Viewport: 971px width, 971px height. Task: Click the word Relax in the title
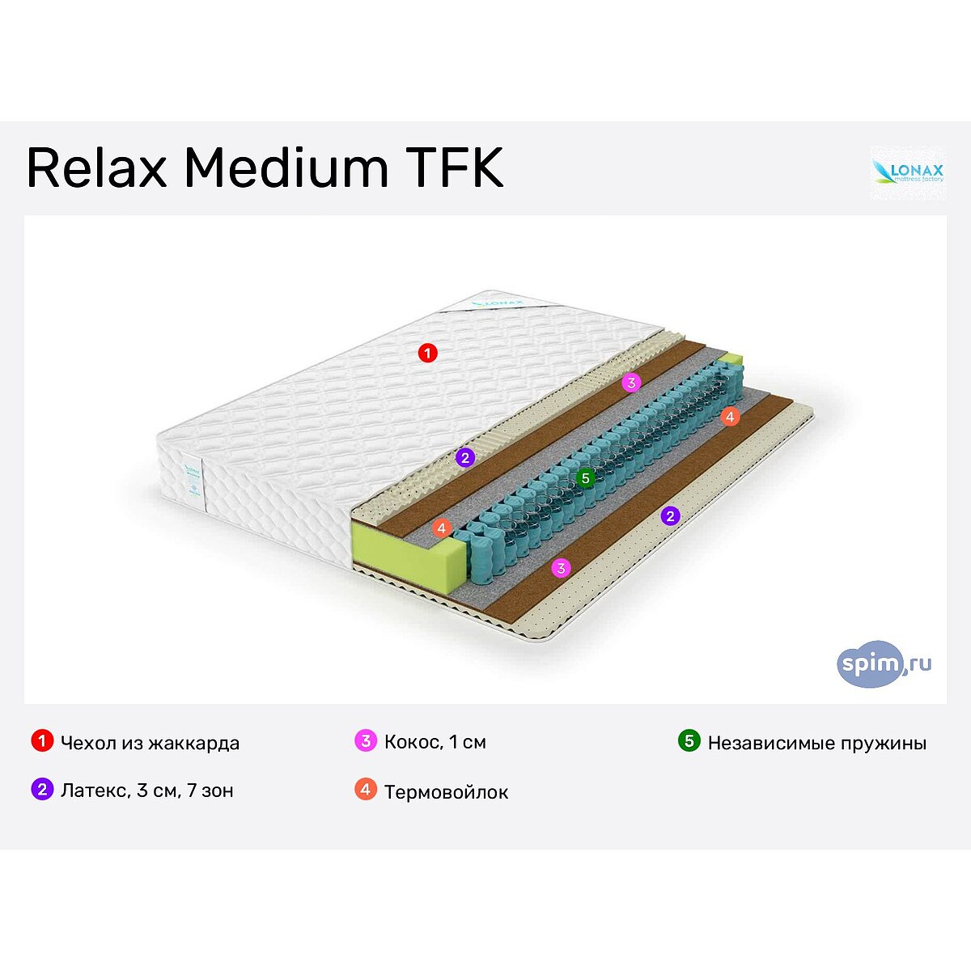pyautogui.click(x=96, y=167)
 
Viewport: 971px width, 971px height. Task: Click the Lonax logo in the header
pyautogui.click(x=907, y=172)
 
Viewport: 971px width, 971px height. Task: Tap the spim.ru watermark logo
pyautogui.click(x=884, y=664)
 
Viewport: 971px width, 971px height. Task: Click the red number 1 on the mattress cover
pyautogui.click(x=427, y=353)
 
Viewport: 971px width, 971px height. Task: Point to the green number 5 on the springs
pyautogui.click(x=586, y=478)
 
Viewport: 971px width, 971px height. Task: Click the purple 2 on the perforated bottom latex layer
pyautogui.click(x=670, y=515)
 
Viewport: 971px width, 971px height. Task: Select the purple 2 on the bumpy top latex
pyautogui.click(x=464, y=458)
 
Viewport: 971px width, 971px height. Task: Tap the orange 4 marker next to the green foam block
pyautogui.click(x=441, y=528)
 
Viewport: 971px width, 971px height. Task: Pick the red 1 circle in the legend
pyautogui.click(x=42, y=741)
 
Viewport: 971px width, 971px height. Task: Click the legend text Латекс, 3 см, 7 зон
pyautogui.click(x=147, y=791)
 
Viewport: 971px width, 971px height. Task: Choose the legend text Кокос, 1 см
pyautogui.click(x=435, y=742)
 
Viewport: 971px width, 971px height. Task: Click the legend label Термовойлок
pyautogui.click(x=446, y=792)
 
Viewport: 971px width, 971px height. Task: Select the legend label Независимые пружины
pyautogui.click(x=816, y=743)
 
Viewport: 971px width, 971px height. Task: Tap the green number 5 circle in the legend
pyautogui.click(x=689, y=741)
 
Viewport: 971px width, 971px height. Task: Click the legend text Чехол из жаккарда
pyautogui.click(x=150, y=743)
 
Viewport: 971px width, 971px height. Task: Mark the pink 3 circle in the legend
pyautogui.click(x=366, y=741)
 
